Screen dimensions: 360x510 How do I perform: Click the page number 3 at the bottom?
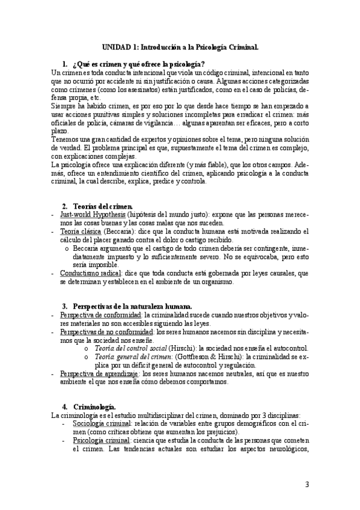[307, 485]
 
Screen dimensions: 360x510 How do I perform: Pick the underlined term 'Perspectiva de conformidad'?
[100, 315]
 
